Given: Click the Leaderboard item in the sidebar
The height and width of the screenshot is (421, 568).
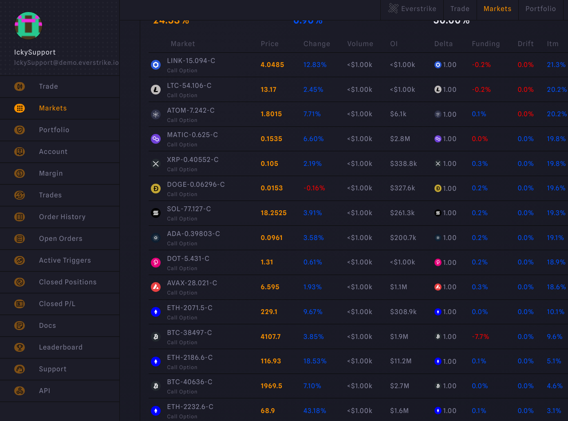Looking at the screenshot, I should pos(60,347).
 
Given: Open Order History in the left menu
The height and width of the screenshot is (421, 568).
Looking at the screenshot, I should pos(62,217).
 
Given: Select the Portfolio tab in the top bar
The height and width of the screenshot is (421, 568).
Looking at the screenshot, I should pos(540,9).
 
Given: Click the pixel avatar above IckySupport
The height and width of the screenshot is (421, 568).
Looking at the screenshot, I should pos(28,26).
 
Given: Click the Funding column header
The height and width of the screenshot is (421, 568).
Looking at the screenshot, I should pos(485,44).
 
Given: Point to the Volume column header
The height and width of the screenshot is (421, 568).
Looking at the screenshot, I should pos(360,44).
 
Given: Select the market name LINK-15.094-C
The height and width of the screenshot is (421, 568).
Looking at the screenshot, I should pos(191,61).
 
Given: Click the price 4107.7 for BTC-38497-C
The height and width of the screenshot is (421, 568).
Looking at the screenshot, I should pos(271,337).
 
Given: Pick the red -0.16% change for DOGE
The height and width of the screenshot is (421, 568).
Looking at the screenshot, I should pos(314,188).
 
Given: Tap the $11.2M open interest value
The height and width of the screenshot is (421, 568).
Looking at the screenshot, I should pos(401,361).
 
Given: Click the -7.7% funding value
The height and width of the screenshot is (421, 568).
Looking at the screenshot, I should pos(480,337).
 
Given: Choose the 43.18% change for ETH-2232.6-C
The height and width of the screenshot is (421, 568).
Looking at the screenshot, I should pos(315,411).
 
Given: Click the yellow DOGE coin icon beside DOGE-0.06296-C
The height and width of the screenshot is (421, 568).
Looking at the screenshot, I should pos(156,189).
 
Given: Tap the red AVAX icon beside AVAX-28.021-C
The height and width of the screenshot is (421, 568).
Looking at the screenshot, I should pos(156,287).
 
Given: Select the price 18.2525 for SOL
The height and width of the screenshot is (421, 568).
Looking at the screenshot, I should pos(273,213).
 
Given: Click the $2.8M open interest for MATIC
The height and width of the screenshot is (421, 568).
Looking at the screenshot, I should pos(400,139).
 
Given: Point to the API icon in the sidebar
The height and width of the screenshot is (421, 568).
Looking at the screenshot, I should pos(20,391).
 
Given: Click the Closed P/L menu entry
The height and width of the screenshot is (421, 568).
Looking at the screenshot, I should pos(57,304).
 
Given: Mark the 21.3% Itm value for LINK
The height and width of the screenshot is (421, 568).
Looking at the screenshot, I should pos(556,65).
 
